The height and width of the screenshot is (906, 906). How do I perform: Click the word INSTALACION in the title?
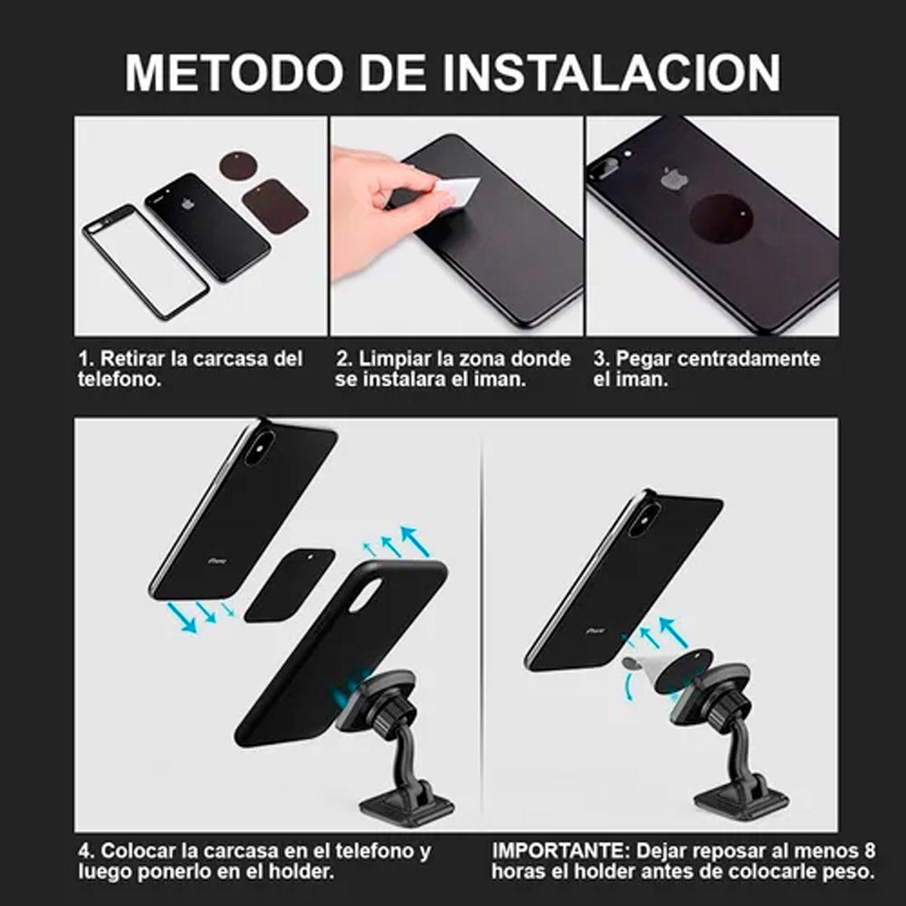pos(612,72)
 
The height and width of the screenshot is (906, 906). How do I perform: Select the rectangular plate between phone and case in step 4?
pos(289,584)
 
